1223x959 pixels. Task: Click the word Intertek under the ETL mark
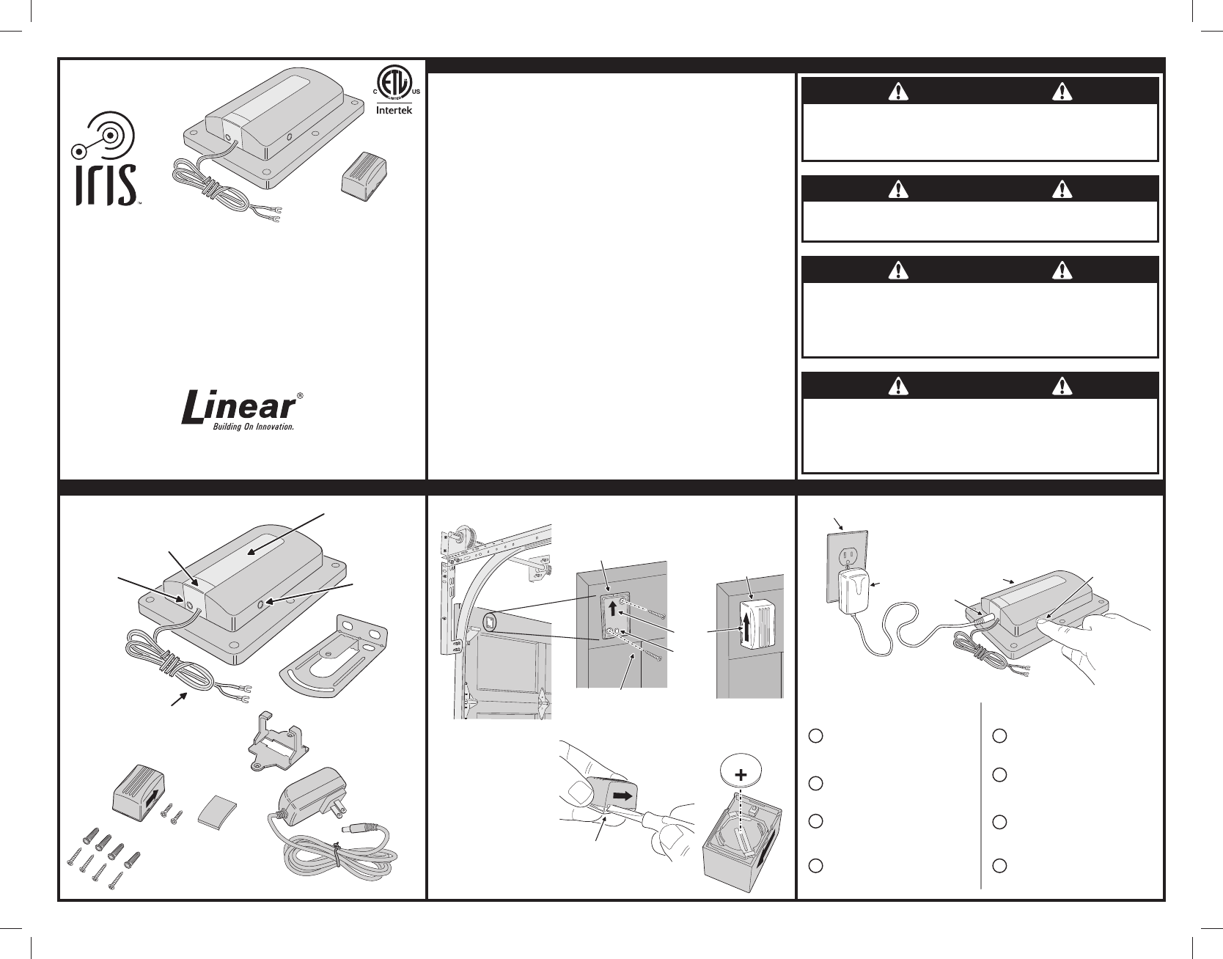(x=394, y=111)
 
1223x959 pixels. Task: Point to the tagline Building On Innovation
(x=253, y=427)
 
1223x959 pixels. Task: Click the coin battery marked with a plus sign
(x=743, y=774)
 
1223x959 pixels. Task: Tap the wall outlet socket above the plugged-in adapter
(x=851, y=557)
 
